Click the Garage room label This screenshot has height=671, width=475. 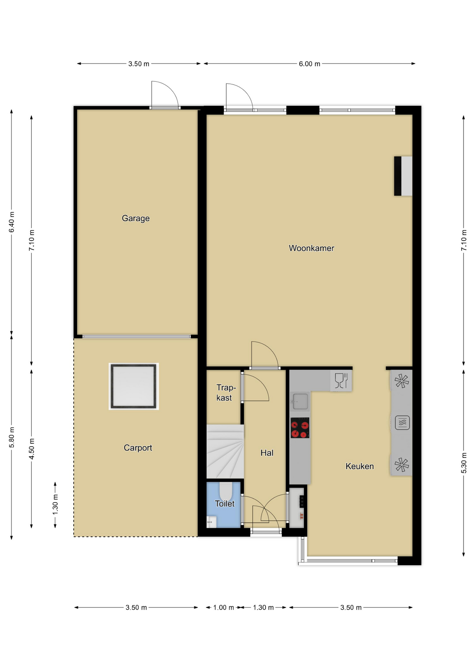pos(136,218)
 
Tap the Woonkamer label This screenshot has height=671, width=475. pos(311,248)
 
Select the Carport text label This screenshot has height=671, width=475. pos(138,448)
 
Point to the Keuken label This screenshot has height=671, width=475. pos(360,466)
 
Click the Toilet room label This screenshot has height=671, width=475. pos(225,504)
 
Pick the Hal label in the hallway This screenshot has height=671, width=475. pos(267,453)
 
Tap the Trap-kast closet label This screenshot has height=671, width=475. pos(225,392)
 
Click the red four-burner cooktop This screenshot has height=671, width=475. pos(300,427)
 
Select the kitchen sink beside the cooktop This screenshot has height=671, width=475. pos(300,401)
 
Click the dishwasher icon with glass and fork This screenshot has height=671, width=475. pos(341,381)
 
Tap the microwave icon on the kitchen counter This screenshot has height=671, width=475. pos(402,423)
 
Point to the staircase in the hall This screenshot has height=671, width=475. pos(225,451)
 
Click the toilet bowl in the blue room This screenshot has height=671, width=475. pos(226,491)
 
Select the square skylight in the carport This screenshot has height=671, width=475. pos(134,386)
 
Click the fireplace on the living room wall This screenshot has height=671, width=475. pos(403,176)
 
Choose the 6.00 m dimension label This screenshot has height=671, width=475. pos(309,64)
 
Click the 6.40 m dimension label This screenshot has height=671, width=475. pos(12,222)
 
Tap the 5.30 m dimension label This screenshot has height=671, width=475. pos(464,463)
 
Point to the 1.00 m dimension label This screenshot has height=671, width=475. pos(224,607)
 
